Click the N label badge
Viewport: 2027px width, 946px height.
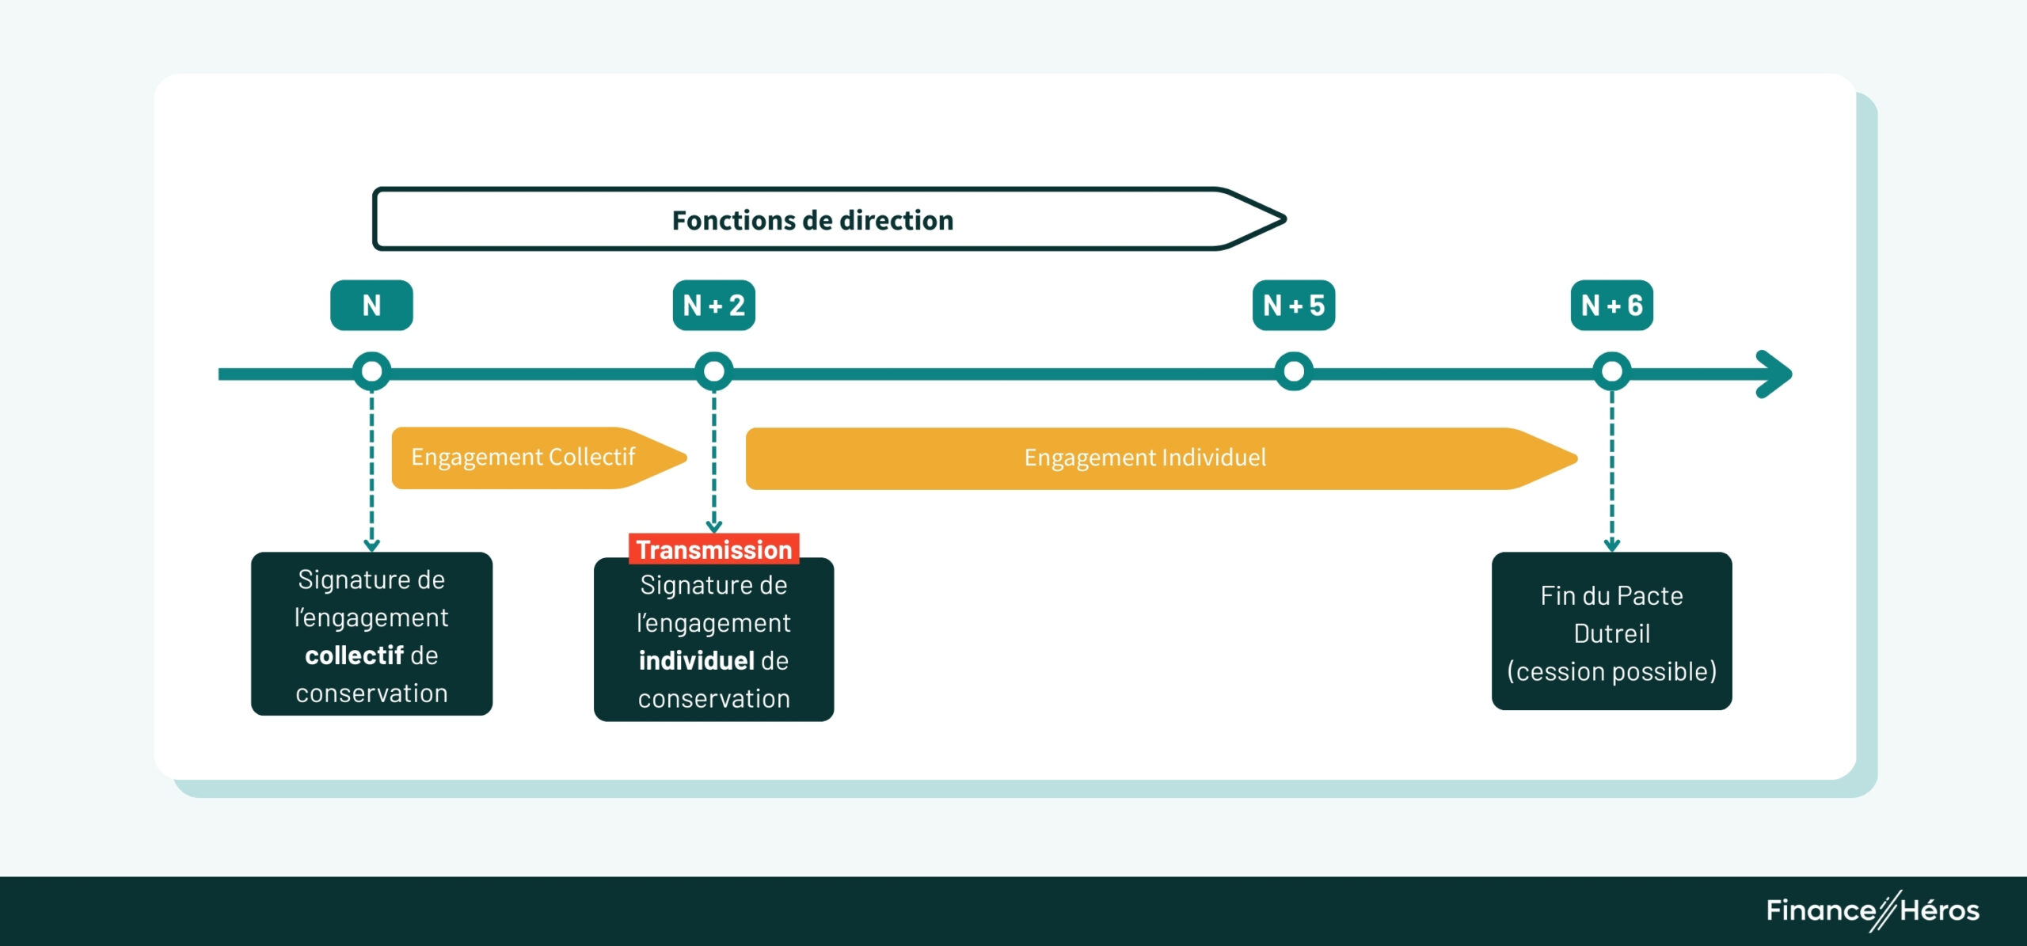(371, 305)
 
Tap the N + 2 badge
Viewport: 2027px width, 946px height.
(713, 305)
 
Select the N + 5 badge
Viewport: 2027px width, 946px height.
(1293, 305)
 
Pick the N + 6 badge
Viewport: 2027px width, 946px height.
(1611, 305)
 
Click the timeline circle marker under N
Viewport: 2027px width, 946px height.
(371, 371)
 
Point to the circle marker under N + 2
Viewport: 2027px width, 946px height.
(713, 371)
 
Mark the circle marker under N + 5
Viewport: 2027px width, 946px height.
(1294, 371)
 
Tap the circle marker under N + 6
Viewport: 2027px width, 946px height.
(1611, 371)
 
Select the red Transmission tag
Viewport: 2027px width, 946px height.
(713, 549)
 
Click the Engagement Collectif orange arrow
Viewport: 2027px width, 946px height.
(531, 458)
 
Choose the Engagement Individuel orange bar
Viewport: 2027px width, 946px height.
(1145, 458)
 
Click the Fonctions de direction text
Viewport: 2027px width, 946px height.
(812, 220)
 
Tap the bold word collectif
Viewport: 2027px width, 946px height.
(354, 655)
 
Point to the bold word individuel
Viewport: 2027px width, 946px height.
(696, 661)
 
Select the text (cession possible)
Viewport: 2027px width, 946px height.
(1611, 671)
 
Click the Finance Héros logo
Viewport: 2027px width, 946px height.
(1872, 910)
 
